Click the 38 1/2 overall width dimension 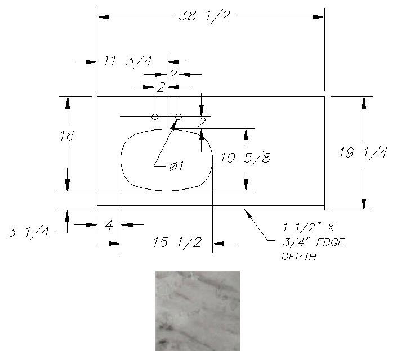point(204,16)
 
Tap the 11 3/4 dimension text point(128,61)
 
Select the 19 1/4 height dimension point(363,153)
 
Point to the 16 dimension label point(67,136)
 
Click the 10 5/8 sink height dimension point(245,158)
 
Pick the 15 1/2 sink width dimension point(177,242)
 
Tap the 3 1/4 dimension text point(28,232)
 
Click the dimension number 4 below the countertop point(109,225)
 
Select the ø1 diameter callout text point(176,166)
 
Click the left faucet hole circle point(155,116)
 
